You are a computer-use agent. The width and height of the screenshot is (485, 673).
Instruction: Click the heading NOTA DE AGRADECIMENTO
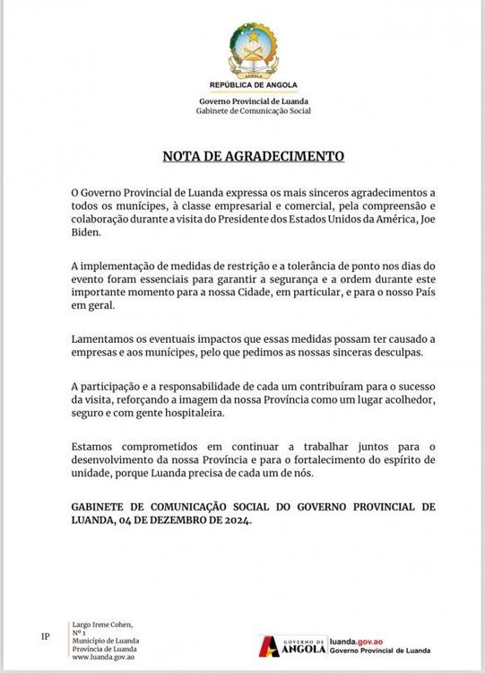pyautogui.click(x=252, y=155)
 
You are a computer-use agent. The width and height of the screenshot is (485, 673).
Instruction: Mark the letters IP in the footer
pyautogui.click(x=46, y=636)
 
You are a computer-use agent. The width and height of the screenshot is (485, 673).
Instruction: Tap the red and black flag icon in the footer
pyautogui.click(x=268, y=645)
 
